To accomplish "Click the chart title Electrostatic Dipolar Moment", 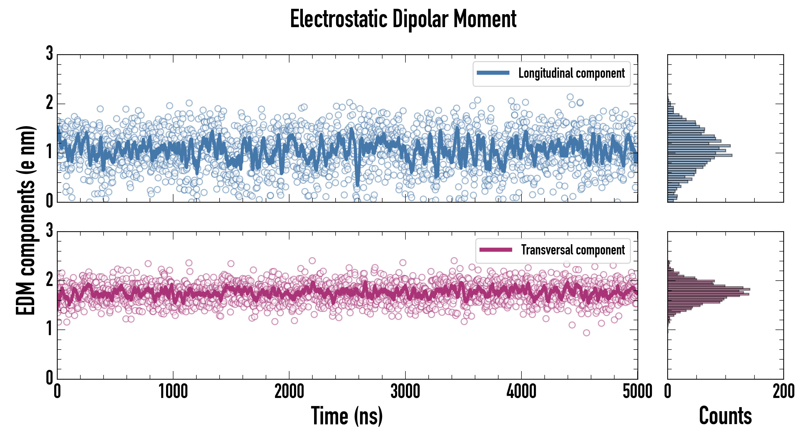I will click(x=403, y=19).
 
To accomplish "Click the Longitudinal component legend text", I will click(x=571, y=73).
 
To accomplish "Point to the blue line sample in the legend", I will click(x=493, y=73).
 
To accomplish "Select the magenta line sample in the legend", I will click(x=496, y=250).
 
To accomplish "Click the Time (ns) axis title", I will click(x=347, y=416).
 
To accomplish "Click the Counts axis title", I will click(x=725, y=416).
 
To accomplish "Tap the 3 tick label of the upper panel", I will click(x=49, y=53).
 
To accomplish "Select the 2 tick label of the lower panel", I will click(x=49, y=280).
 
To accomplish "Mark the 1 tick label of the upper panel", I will click(x=49, y=152).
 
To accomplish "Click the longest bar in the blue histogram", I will click(x=700, y=155).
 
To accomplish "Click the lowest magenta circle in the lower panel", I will click(x=586, y=333).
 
